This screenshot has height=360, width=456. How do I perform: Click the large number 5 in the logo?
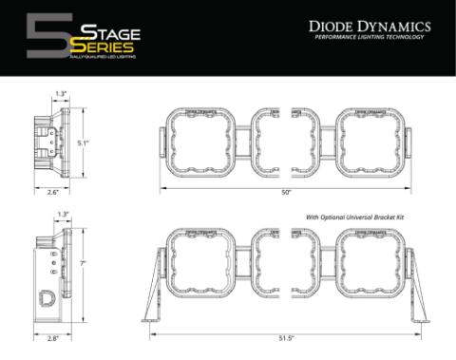click(43, 35)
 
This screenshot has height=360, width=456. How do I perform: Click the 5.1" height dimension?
click(83, 143)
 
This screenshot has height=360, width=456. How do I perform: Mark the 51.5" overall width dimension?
click(285, 337)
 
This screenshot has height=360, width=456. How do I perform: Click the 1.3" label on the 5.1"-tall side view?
click(61, 93)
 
